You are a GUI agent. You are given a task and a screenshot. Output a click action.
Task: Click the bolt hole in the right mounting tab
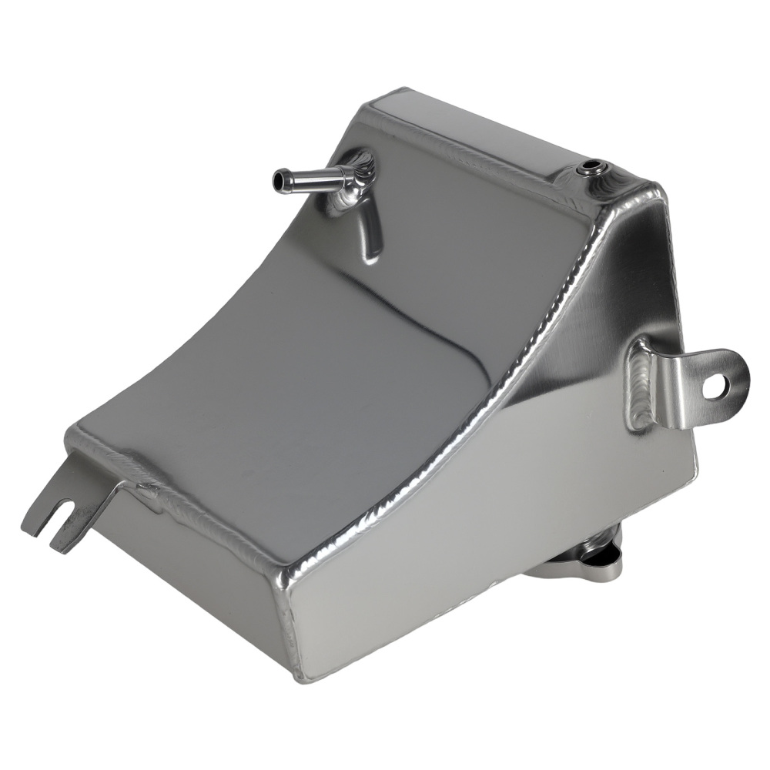pos(714,387)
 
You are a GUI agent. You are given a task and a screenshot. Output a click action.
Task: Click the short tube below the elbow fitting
pos(370,231)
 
